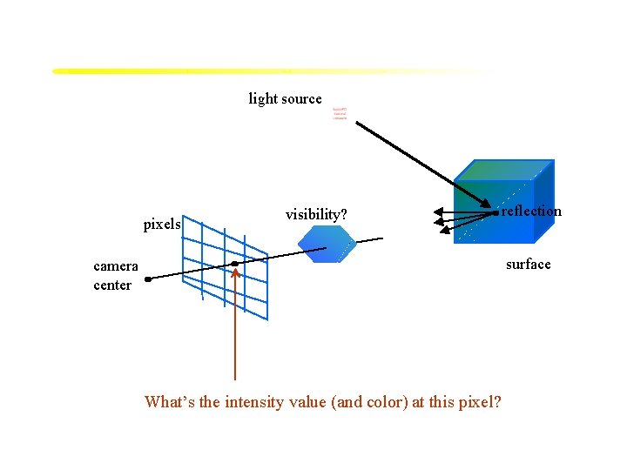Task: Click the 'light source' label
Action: [x=285, y=99]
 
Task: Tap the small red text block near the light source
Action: [x=340, y=114]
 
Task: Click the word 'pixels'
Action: [x=162, y=225]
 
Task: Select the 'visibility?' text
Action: [x=316, y=214]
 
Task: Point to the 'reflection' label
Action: [x=531, y=211]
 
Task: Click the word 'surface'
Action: [x=529, y=265]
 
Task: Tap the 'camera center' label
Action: [x=115, y=276]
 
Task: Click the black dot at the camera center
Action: [x=149, y=279]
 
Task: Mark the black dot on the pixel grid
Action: [x=234, y=263]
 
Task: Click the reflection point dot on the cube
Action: [x=496, y=211]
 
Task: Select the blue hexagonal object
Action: [x=327, y=245]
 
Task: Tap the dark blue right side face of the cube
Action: [x=543, y=201]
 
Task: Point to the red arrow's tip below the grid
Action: [x=235, y=272]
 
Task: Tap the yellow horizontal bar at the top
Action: [x=261, y=70]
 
